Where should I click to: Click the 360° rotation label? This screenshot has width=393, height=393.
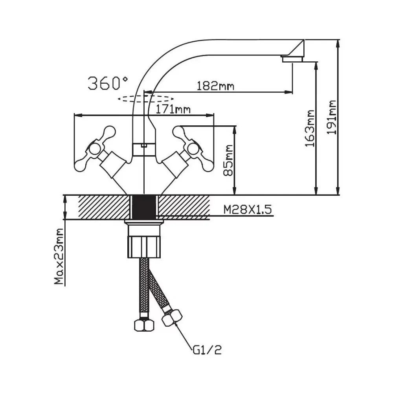pos(107,83)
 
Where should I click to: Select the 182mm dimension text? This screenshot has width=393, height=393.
pos(215,86)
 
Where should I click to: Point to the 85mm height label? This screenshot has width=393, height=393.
pos(229,160)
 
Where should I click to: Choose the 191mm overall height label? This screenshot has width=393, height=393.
pos(332,117)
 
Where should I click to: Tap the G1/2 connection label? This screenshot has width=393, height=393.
pos(207,349)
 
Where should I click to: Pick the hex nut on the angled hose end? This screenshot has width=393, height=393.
pos(172,318)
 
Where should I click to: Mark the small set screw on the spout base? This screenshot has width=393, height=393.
pos(143,146)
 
